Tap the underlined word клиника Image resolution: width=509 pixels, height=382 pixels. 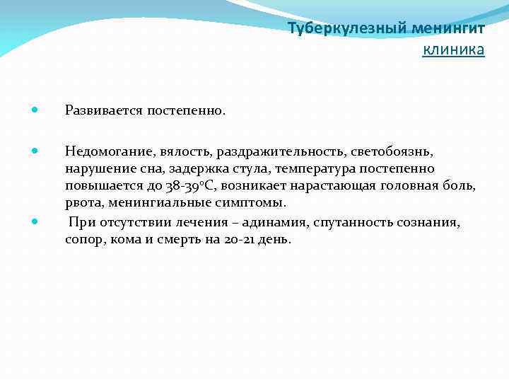[x=453, y=50]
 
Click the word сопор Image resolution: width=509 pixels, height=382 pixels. [x=83, y=240]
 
